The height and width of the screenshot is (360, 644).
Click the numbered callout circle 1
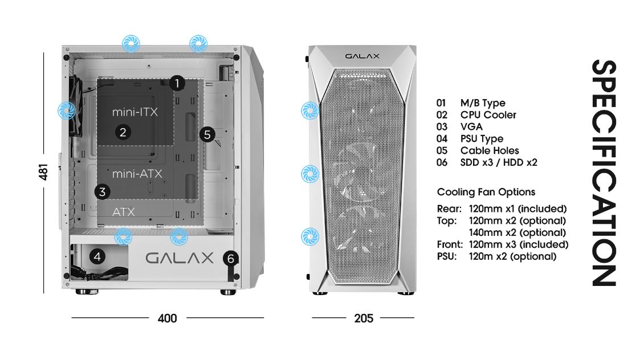(177, 83)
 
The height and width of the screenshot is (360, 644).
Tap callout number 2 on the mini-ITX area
(122, 133)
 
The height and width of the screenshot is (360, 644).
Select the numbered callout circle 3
(102, 191)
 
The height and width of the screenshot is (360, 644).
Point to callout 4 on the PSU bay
(97, 257)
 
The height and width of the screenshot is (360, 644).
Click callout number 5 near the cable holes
(207, 134)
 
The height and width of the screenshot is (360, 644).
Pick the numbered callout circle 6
(230, 259)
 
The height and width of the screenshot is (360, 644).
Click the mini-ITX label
(134, 112)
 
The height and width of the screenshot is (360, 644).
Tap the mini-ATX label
(137, 173)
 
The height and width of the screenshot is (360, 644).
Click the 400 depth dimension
(167, 318)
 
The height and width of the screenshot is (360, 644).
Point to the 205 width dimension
(364, 318)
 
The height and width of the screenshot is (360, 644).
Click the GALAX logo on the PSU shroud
(180, 258)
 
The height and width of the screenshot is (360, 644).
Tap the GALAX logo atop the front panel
(362, 56)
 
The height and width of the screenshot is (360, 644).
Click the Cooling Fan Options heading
(486, 192)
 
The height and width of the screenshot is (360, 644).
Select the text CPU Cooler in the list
(488, 115)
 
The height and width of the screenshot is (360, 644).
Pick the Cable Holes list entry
(490, 151)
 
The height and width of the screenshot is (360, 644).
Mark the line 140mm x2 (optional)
(517, 232)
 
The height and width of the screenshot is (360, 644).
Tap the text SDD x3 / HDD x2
(499, 163)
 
